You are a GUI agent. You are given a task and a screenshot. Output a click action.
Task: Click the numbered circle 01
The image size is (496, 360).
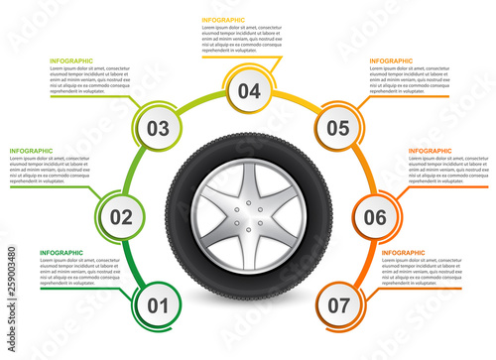pyautogui.click(x=158, y=305)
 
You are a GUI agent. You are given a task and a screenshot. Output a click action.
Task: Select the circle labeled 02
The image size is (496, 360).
pyautogui.click(x=121, y=217)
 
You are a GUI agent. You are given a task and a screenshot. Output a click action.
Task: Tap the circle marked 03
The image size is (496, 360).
pyautogui.click(x=158, y=128)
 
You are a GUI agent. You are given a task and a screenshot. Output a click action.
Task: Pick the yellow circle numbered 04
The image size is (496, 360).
pyautogui.click(x=248, y=91)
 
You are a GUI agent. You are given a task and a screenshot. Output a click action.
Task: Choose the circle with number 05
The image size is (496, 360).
pyautogui.click(x=337, y=128)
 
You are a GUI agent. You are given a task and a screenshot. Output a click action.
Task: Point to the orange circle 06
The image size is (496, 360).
pyautogui.click(x=374, y=217)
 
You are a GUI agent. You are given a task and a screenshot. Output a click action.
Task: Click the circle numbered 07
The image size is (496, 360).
pyautogui.click(x=337, y=305)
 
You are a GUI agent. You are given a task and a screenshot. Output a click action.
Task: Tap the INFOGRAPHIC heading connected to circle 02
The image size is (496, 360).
pyautogui.click(x=32, y=151)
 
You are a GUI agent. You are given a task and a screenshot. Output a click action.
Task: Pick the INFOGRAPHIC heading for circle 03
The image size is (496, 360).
pyautogui.click(x=71, y=61)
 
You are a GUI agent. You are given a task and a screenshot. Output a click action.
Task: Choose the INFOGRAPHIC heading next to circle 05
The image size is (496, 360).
pyautogui.click(x=392, y=61)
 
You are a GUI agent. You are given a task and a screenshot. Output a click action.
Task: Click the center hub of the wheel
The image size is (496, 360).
pyautogui.click(x=247, y=217)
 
